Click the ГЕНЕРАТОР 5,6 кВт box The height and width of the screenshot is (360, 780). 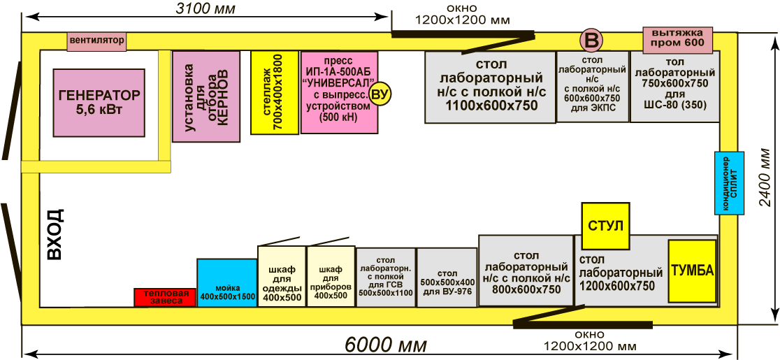coord(99,103)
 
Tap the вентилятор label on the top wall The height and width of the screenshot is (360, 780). coord(97,41)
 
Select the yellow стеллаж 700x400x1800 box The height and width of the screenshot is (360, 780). coord(274,92)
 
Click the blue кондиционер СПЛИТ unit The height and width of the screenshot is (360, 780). coord(729,183)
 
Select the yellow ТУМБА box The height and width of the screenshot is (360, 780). coord(692,271)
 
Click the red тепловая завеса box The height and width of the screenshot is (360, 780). coord(166,297)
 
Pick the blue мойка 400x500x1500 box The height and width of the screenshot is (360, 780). coord(227,282)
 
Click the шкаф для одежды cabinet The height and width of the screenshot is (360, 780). coord(282,276)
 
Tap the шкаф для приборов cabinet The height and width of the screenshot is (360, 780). coord(331,276)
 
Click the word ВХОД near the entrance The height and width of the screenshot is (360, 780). coord(55,233)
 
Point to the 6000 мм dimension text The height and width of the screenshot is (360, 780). coord(386,345)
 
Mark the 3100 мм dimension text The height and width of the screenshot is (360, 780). coord(205,8)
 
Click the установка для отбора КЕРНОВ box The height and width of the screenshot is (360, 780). coord(206,96)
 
